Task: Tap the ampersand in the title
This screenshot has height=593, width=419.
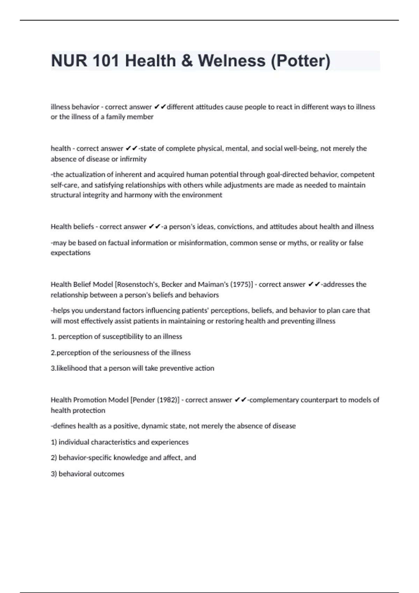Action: click(x=187, y=61)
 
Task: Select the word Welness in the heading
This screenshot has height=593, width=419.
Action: click(x=231, y=61)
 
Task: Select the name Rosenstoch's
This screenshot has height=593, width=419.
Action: click(x=138, y=284)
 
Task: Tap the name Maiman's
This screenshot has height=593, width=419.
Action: click(x=214, y=284)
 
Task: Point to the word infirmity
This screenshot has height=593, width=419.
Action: click(x=133, y=159)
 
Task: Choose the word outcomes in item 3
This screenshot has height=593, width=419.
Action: click(x=111, y=474)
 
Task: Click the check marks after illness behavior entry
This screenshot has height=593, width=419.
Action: click(x=160, y=107)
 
